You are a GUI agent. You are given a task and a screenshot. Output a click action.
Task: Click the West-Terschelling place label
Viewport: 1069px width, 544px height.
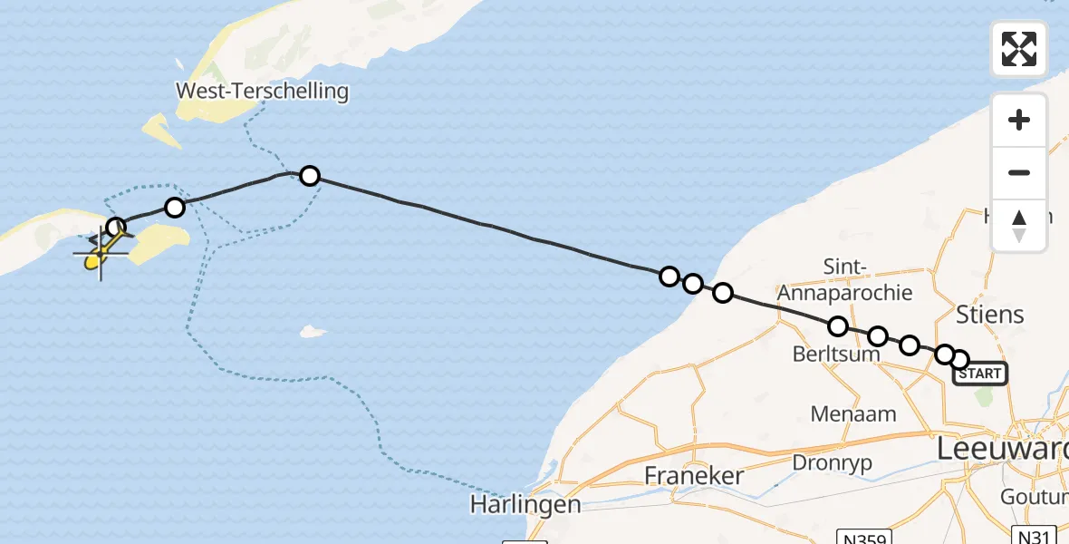tap(263, 91)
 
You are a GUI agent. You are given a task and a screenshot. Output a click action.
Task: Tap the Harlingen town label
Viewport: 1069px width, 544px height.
tap(525, 504)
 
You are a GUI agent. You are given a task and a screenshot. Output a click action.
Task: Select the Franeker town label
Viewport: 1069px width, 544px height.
tap(694, 475)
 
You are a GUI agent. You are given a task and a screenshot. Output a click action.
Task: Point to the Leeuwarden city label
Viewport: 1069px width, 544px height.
tap(1002, 449)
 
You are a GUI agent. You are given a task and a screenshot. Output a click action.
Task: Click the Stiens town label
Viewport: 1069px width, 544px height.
tap(990, 315)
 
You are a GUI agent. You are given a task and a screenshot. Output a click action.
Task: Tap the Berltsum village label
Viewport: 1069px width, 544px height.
tap(836, 355)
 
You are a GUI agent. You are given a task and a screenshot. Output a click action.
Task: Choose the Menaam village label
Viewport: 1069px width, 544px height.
tap(853, 414)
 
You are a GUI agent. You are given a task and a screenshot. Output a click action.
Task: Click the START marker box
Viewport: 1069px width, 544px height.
tap(979, 374)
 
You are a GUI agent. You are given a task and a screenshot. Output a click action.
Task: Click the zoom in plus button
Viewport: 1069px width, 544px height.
tap(1019, 121)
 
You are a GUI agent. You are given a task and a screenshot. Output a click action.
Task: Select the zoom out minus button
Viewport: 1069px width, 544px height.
tap(1019, 172)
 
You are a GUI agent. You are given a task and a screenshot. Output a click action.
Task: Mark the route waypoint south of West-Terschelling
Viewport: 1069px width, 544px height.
tap(310, 175)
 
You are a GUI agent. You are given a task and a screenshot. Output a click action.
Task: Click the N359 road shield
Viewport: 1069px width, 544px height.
tap(864, 537)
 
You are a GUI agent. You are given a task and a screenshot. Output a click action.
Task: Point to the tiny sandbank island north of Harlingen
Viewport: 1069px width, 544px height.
tap(313, 332)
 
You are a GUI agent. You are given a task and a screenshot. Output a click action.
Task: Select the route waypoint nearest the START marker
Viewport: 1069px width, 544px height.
tap(958, 360)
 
